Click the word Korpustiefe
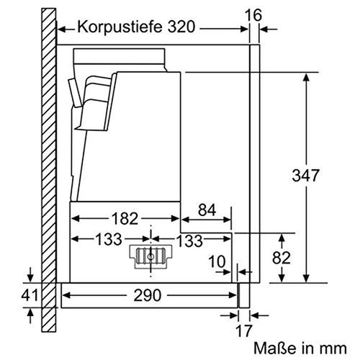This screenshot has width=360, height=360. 117,29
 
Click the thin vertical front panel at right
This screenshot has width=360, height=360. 253,166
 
